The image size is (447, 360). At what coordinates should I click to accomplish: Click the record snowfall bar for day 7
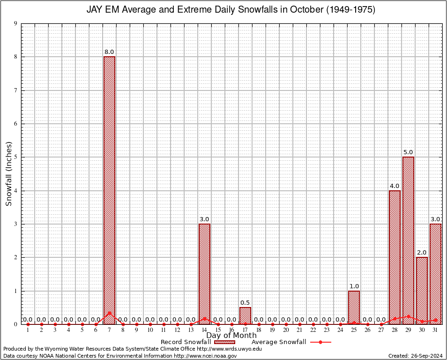click(x=109, y=190)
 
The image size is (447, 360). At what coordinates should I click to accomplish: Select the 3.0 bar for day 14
click(x=204, y=274)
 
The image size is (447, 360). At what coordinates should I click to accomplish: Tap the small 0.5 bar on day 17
click(x=245, y=315)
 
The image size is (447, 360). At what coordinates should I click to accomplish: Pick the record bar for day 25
click(x=354, y=307)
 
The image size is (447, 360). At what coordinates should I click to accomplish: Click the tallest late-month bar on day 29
click(x=408, y=240)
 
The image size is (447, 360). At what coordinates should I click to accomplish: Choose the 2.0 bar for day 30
click(x=422, y=290)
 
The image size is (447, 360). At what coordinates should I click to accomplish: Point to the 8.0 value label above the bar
click(x=109, y=52)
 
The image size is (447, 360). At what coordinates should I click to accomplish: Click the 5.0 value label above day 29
click(x=408, y=152)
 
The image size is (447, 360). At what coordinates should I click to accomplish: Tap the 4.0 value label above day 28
click(x=395, y=186)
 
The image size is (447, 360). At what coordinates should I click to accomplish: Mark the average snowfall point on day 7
click(x=109, y=313)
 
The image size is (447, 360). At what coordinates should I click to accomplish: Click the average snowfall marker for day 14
click(x=204, y=319)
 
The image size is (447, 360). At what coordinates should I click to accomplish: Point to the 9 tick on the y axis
click(x=15, y=23)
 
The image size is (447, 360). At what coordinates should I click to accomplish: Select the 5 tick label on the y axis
click(x=15, y=157)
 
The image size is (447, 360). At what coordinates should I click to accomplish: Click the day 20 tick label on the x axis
click(x=286, y=330)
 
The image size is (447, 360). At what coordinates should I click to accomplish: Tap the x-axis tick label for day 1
click(x=28, y=330)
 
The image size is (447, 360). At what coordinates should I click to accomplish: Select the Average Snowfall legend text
click(x=279, y=342)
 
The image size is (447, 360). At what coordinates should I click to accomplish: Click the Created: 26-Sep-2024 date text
click(x=415, y=356)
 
